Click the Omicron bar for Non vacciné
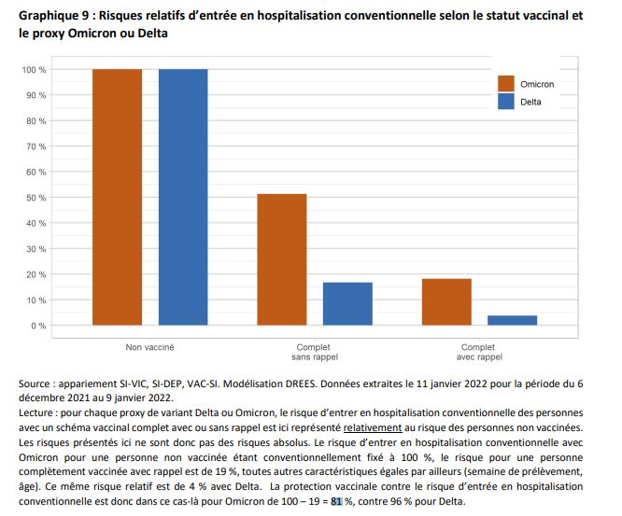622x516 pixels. point(118,197)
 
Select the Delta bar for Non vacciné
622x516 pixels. point(183,197)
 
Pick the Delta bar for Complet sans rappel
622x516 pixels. point(347,303)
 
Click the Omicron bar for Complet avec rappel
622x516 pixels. point(446,302)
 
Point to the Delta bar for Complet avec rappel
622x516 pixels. point(512,320)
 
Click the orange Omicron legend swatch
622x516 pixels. point(507,84)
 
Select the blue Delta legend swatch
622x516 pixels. point(507,102)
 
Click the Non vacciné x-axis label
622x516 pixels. point(150,346)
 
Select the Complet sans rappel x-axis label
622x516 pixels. point(315,351)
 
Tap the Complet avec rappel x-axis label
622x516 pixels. point(479,351)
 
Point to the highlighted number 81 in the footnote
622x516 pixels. point(336,501)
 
